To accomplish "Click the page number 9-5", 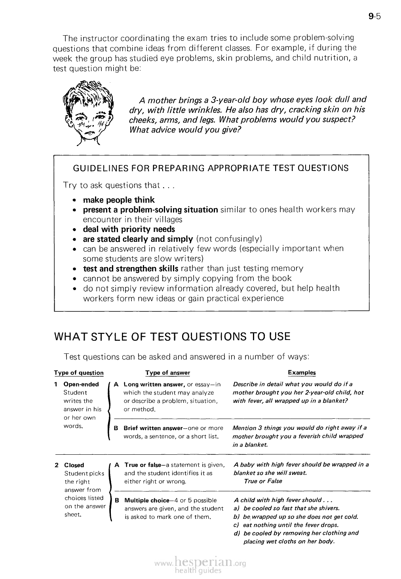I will [x=373, y=16].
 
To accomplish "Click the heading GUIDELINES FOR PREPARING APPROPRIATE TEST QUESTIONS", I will [x=211, y=168].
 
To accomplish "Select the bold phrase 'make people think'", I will [x=119, y=200].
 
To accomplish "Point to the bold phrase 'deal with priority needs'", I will [x=129, y=229].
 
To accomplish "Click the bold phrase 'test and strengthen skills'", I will [x=130, y=268].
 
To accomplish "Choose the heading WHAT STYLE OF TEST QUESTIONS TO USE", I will [x=172, y=337].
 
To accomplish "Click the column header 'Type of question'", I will [x=79, y=373].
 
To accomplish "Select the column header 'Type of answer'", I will [x=167, y=373].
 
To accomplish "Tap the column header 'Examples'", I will [x=302, y=372].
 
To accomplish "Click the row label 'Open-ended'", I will [x=81, y=384].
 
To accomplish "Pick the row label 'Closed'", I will [x=74, y=465].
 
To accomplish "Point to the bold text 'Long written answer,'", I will [x=154, y=384].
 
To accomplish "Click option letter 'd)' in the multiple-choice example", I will [x=238, y=533].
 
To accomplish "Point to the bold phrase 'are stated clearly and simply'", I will [x=138, y=239].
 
